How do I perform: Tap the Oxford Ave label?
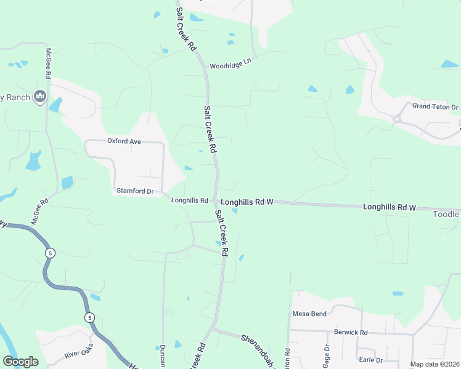[x=124, y=141]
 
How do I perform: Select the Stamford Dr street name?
[x=135, y=191]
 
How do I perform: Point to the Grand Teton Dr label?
[x=436, y=107]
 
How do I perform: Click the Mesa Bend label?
[x=309, y=314]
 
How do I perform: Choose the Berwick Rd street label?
[x=351, y=333]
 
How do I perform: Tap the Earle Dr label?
[x=370, y=360]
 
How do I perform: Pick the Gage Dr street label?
[x=327, y=355]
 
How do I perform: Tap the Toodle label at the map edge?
[x=446, y=215]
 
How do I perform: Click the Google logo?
[x=20, y=362]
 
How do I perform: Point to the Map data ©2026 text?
[x=434, y=364]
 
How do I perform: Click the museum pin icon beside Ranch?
[x=41, y=96]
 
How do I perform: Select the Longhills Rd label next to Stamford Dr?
[x=190, y=200]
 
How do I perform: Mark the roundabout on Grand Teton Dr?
[x=398, y=119]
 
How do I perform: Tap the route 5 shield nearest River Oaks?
[x=90, y=317]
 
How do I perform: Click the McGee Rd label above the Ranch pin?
[x=47, y=63]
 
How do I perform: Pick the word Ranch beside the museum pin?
[x=18, y=97]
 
